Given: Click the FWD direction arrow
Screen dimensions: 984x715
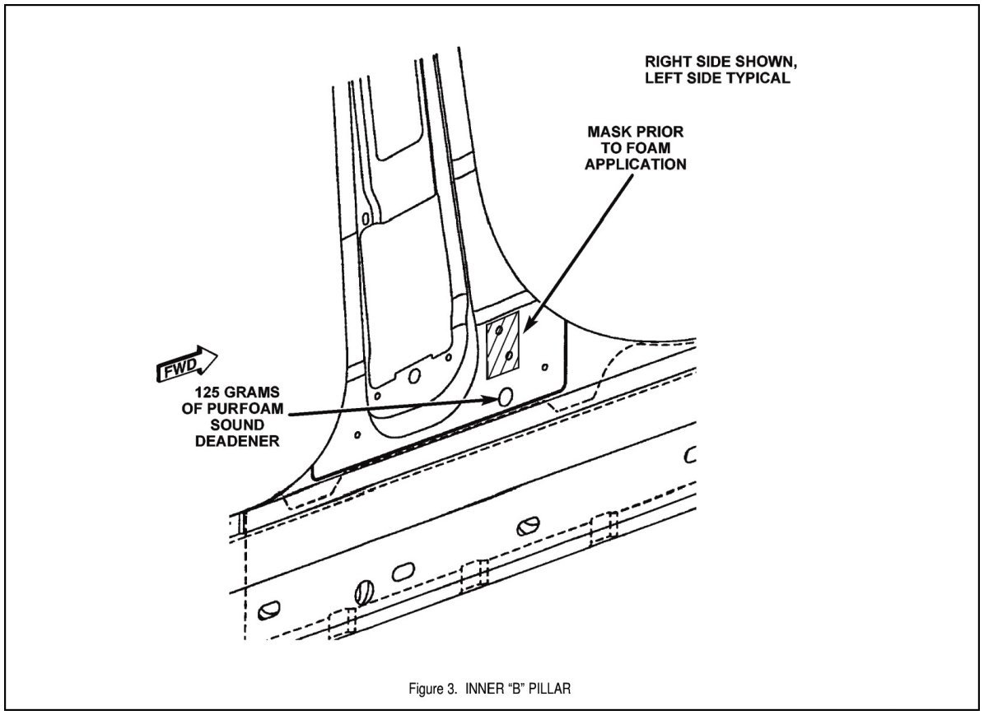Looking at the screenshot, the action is coord(186,364).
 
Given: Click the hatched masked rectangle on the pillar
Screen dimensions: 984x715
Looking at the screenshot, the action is coord(503,345).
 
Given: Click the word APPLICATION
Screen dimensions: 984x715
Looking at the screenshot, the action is coord(636,165).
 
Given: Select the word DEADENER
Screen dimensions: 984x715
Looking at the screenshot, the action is coord(237,442).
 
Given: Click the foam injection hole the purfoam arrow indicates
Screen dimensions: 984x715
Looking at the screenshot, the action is coord(505,396).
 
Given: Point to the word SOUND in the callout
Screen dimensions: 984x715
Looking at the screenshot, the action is coord(237,425).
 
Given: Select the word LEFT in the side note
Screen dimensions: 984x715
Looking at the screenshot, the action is coord(664,78).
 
